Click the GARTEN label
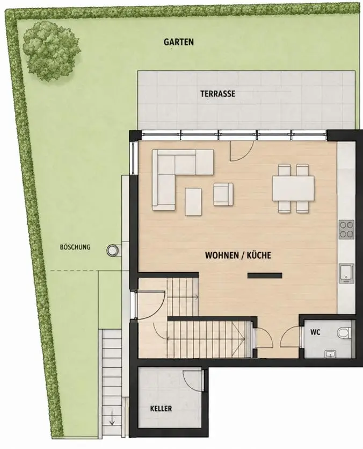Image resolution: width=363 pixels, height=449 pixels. (x=178, y=42)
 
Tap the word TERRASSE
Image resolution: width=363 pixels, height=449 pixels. (x=217, y=94)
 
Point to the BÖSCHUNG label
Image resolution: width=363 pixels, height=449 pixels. (x=75, y=247)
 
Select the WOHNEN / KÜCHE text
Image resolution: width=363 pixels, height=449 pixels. (x=238, y=255)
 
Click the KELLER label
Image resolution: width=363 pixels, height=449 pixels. (x=161, y=408)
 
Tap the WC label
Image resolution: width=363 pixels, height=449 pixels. (x=315, y=332)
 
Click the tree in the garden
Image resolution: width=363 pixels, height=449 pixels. (x=51, y=51)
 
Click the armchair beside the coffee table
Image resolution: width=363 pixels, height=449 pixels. (x=223, y=194)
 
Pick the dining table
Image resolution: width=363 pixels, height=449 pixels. (x=293, y=188)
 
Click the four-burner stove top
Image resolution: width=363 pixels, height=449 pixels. (x=346, y=230)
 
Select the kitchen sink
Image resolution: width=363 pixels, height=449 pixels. (x=347, y=273)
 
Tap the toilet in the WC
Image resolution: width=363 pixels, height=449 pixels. (x=344, y=333)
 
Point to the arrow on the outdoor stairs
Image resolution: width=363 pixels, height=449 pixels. (x=112, y=420)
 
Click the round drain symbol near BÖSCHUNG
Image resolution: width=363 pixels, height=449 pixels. (x=112, y=251)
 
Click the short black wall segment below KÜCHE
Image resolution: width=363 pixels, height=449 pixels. (x=265, y=276)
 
